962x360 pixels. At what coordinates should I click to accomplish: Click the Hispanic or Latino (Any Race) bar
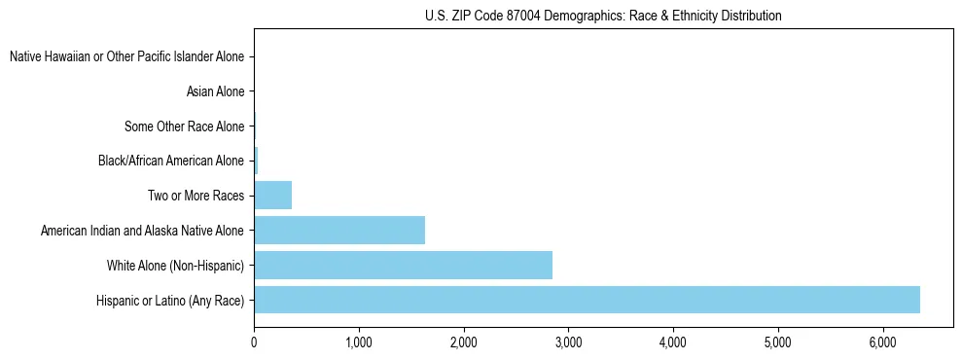coord(587,300)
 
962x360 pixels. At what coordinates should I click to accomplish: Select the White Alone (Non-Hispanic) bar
coord(403,265)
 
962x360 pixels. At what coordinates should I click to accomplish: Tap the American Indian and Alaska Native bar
coord(339,231)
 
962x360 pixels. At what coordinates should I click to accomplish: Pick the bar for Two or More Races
coord(272,196)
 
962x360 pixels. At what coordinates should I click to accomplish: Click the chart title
coord(603,17)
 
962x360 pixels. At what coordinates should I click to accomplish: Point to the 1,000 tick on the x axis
coord(359,342)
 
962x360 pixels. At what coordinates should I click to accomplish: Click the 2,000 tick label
coord(464,342)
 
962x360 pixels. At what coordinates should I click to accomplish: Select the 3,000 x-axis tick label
coord(568,342)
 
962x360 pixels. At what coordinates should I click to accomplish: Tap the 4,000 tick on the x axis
coord(673,342)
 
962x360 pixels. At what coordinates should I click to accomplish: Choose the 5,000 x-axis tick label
coord(778,342)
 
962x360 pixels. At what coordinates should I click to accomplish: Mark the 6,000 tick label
coord(882,342)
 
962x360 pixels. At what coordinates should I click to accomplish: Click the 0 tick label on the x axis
coord(254,342)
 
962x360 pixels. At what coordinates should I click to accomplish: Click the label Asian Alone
coord(215,91)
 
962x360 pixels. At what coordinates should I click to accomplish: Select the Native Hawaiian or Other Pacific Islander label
coord(126,57)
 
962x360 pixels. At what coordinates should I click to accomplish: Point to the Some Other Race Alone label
coord(184,126)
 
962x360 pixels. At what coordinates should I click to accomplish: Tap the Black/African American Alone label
coord(171,161)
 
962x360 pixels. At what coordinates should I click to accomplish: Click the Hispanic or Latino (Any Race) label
coord(170,300)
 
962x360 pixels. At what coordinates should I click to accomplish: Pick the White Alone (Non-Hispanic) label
coord(175,265)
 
